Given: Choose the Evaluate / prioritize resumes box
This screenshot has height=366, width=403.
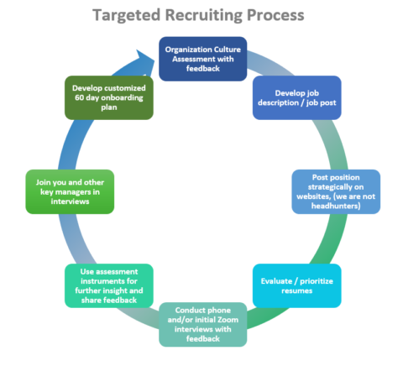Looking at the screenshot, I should tap(297, 285).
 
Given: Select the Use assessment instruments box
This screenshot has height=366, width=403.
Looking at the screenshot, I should tap(109, 285).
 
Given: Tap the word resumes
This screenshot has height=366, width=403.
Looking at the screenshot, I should tap(297, 291).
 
